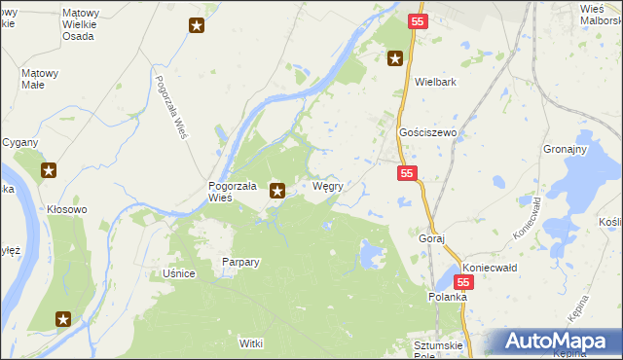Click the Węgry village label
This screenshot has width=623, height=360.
326,186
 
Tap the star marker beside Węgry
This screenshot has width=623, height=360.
277,191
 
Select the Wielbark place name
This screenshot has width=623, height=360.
435,83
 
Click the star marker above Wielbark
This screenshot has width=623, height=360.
395,58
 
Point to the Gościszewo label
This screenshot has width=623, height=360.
428,133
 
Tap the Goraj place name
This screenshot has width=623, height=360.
430,238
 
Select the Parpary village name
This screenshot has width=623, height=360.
240,262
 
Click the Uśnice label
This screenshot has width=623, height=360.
179,274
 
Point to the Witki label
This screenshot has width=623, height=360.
251,343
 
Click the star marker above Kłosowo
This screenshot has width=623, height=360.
49,171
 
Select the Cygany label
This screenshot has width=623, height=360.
19,143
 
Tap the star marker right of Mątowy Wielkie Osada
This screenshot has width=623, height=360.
197,26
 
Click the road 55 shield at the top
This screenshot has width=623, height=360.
418,21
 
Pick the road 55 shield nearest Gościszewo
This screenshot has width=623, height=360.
407,173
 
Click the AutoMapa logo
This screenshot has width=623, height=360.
556,342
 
